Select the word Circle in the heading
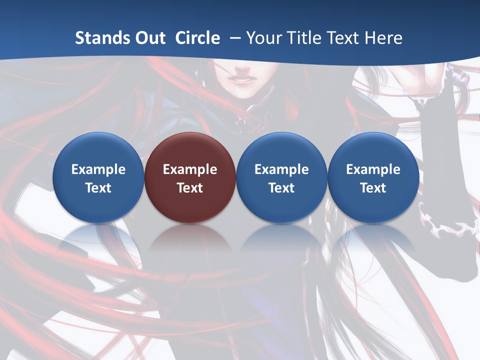pyautogui.click(x=197, y=38)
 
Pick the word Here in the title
pyautogui.click(x=384, y=38)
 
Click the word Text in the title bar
pyautogui.click(x=344, y=38)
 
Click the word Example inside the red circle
pyautogui.click(x=190, y=169)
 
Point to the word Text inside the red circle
pyautogui.click(x=190, y=188)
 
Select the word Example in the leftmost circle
pyautogui.click(x=98, y=169)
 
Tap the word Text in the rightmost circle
pyautogui.click(x=373, y=188)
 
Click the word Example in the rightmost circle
pyautogui.click(x=373, y=169)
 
